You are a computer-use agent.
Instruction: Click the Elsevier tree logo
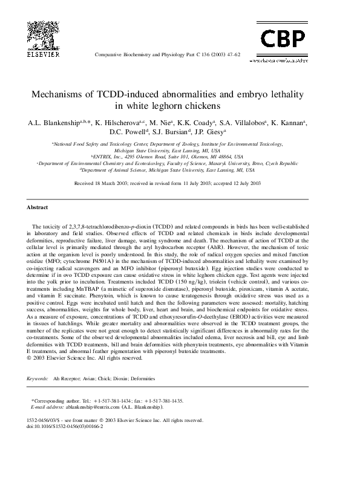click(x=43, y=33)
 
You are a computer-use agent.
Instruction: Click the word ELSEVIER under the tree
click(x=43, y=54)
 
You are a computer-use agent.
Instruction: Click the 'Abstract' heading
click(x=37, y=207)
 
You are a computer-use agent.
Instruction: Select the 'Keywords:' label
click(x=38, y=378)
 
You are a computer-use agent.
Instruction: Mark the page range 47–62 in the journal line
click(x=233, y=54)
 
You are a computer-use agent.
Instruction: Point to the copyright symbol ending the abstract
click(x=29, y=357)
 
